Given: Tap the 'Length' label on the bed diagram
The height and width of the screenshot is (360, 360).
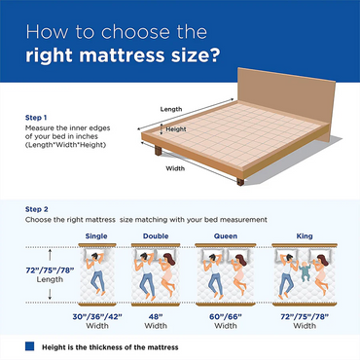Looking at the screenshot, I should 171,109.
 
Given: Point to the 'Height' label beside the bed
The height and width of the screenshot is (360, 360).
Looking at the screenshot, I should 176,128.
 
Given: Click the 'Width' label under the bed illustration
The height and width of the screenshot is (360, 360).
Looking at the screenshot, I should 175,168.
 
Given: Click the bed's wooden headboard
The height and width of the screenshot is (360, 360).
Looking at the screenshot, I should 292,107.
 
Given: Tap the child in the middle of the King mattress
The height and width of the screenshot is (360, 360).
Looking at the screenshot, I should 302,272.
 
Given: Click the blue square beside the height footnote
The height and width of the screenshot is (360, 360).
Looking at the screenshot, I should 31,345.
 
